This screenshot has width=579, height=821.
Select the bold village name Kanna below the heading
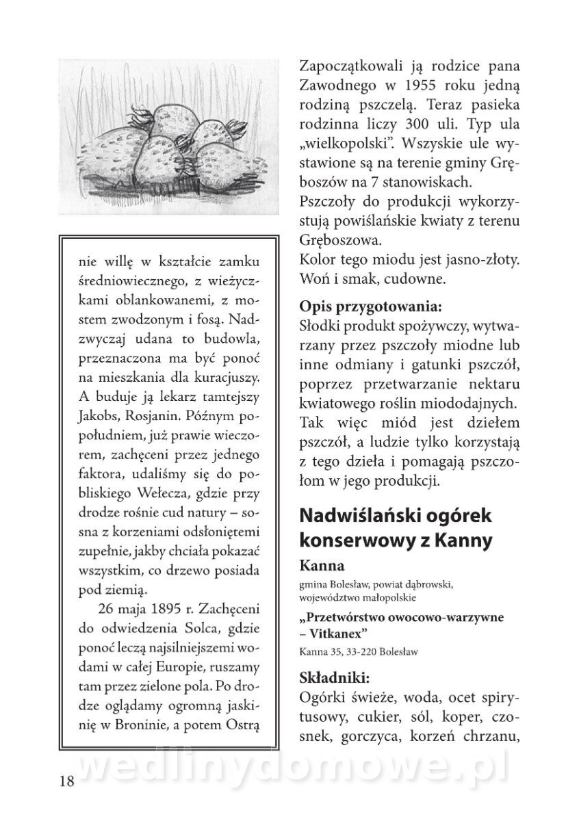[x=322, y=566]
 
